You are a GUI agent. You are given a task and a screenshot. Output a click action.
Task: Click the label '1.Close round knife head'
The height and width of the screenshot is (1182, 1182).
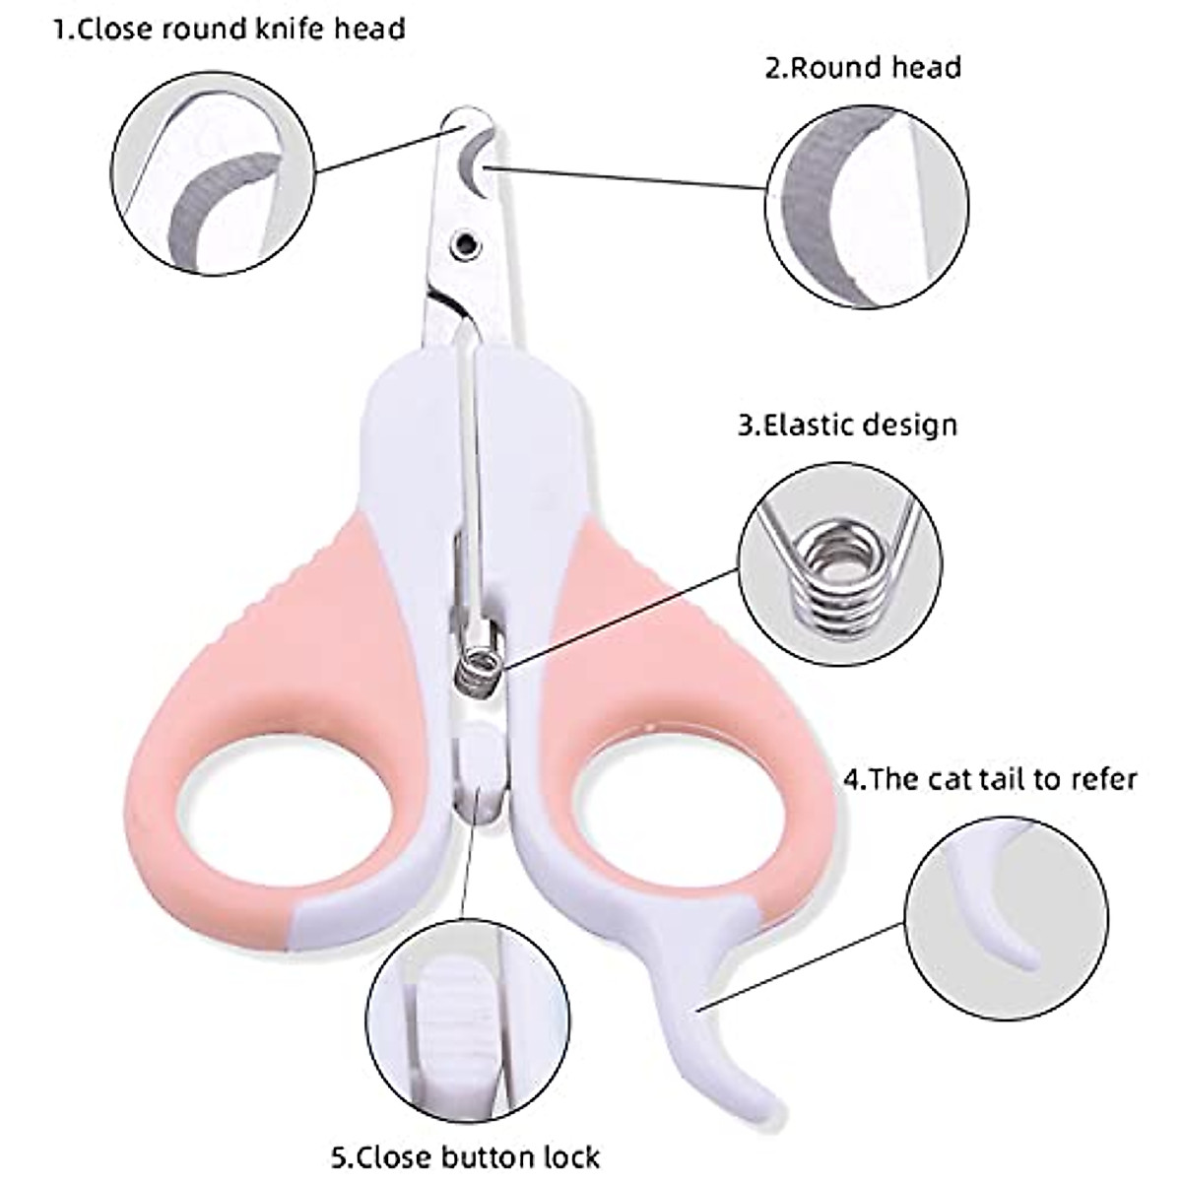(x=230, y=29)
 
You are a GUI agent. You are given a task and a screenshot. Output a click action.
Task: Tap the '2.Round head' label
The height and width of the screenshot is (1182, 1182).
(x=863, y=68)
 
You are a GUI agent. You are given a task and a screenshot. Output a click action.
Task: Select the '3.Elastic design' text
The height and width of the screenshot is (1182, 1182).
(x=847, y=426)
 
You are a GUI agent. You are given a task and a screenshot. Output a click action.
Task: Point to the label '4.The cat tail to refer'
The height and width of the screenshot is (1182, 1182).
(x=990, y=780)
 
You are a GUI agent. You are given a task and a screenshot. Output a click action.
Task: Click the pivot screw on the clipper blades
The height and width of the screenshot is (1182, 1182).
(x=464, y=240)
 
